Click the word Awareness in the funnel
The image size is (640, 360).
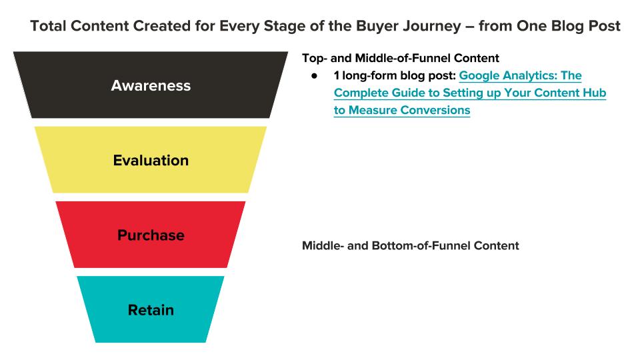tap(151, 86)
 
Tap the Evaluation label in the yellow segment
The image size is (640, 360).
tap(151, 161)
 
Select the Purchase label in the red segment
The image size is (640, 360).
tap(151, 235)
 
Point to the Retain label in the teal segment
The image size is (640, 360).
tap(151, 310)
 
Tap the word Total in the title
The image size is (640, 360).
tap(48, 26)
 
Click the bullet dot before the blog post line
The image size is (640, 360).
tap(314, 76)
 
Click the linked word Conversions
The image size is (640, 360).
tap(435, 110)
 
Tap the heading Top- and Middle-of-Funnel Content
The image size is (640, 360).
tap(401, 59)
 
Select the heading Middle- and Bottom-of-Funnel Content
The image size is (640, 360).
tap(410, 246)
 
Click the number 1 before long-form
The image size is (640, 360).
tap(336, 75)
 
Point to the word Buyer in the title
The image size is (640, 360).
tap(377, 26)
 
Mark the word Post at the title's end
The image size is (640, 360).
tap(605, 26)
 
